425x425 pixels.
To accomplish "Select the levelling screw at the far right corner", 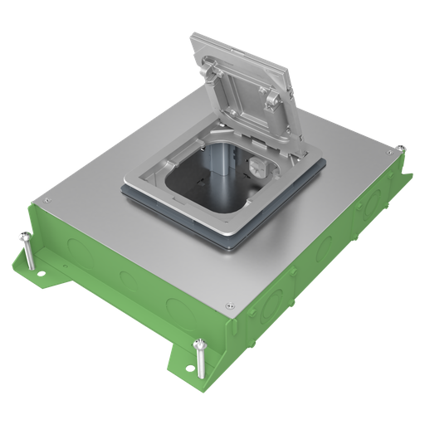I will point(401,153).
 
